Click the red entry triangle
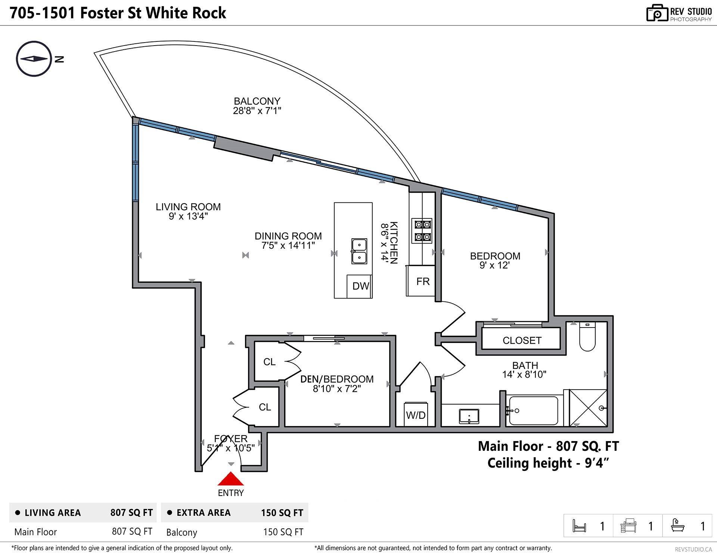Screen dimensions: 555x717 231,479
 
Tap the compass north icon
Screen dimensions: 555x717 34,59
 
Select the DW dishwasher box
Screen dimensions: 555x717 360,286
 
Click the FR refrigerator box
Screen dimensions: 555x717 422,281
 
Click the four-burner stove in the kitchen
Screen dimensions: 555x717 422,230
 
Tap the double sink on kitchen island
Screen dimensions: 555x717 359,251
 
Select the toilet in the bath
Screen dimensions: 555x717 587,337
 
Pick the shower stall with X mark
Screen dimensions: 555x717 588,408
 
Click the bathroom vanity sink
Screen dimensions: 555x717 469,416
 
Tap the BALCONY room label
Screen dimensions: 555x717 257,101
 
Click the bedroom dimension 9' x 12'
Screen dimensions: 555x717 495,266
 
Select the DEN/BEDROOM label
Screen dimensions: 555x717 337,379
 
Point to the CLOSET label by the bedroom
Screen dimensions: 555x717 522,340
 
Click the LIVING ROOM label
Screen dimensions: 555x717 188,207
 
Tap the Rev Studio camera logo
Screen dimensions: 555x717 657,13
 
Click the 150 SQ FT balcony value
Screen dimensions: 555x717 283,532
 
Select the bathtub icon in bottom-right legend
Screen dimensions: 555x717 677,525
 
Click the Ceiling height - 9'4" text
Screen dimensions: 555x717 548,463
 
